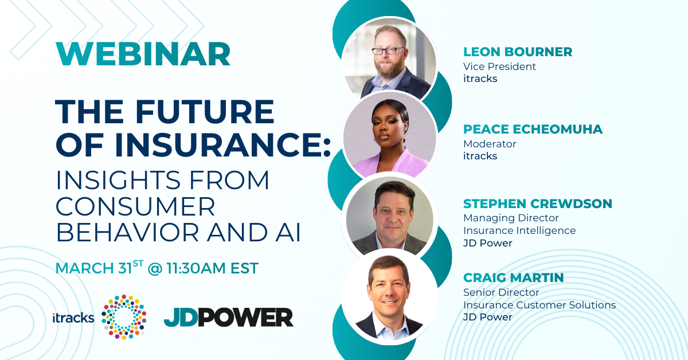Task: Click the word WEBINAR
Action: (143, 54)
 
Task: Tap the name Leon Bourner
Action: (518, 52)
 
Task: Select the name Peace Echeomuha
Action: (533, 130)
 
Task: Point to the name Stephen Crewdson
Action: (538, 204)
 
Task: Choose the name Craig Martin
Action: (513, 277)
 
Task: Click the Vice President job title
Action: (499, 66)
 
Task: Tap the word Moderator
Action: (490, 144)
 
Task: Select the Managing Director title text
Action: (511, 218)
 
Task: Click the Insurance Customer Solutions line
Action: (540, 305)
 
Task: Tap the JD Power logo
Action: (229, 318)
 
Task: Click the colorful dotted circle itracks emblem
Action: (124, 317)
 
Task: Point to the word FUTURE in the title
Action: (205, 112)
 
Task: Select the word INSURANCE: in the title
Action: (222, 144)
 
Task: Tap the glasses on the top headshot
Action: (388, 50)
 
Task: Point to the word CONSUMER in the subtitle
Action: (135, 206)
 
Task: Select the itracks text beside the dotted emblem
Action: (73, 318)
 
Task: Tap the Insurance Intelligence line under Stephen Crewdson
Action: (519, 230)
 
